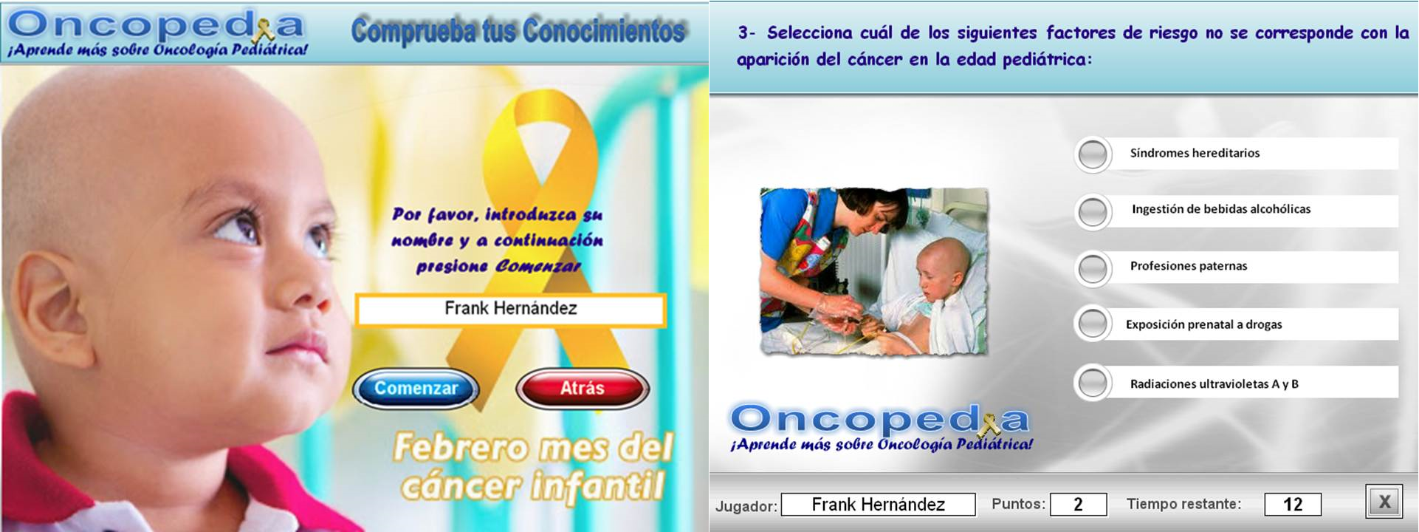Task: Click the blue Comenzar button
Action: (x=416, y=389)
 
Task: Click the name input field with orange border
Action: (x=511, y=310)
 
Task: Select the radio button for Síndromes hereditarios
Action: (x=1093, y=154)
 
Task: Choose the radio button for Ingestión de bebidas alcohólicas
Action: (x=1093, y=212)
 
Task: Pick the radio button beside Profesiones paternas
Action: (x=1093, y=268)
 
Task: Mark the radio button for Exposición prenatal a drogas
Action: (x=1093, y=324)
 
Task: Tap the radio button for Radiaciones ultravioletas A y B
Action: (x=1093, y=383)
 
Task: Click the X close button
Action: (x=1384, y=502)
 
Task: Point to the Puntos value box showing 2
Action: (x=1079, y=504)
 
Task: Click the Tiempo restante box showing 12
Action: (x=1293, y=504)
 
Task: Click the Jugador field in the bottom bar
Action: (x=879, y=505)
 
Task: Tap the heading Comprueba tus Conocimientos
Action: (x=518, y=31)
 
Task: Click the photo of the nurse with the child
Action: (x=874, y=271)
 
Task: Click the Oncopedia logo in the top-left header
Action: (x=157, y=33)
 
